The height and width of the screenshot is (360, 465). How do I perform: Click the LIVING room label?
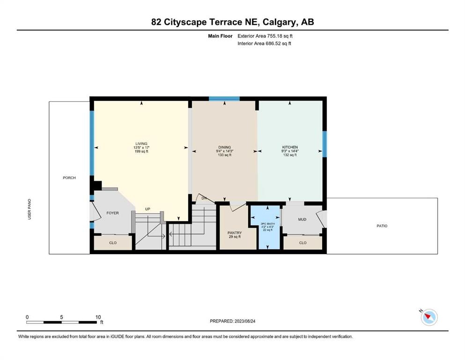(141, 143)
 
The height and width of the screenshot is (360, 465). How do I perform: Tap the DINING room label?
(224, 147)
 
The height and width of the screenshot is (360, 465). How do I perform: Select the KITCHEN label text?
(290, 147)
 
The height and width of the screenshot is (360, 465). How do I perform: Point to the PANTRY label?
(235, 233)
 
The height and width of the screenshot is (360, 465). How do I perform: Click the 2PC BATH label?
(267, 224)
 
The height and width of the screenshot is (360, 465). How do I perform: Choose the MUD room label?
(302, 219)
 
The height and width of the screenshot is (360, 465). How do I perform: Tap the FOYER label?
(112, 213)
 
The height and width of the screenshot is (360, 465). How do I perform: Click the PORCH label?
(69, 178)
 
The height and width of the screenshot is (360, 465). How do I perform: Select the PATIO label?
(382, 226)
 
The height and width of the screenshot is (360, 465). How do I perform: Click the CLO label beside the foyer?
(113, 243)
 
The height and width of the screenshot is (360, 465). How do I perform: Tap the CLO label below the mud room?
(303, 243)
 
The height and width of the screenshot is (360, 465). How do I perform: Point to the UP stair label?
(148, 209)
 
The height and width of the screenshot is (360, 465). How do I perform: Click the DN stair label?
(204, 198)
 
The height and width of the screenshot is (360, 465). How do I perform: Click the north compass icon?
(429, 317)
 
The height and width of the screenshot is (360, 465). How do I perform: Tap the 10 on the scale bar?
(98, 317)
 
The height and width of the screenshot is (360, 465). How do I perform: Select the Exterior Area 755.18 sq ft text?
(265, 36)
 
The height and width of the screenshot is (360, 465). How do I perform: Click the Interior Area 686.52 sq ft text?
(264, 43)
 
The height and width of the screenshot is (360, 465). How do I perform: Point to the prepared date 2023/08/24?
(244, 321)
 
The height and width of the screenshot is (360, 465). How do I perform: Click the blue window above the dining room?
(224, 99)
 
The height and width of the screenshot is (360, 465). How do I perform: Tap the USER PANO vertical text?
(30, 209)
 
